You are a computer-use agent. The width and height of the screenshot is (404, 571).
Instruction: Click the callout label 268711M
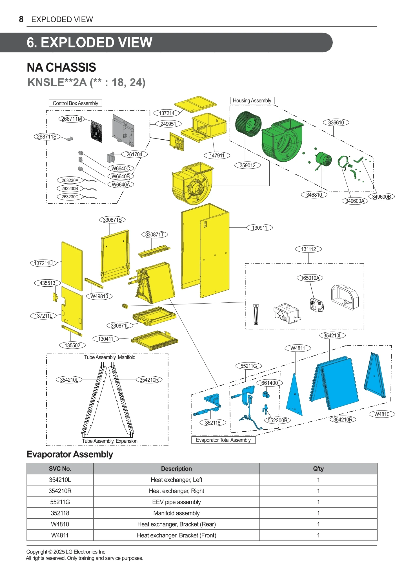(x=72, y=119)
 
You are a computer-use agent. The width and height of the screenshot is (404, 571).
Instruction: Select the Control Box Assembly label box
(x=76, y=103)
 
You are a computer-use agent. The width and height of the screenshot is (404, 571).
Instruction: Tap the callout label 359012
(x=247, y=165)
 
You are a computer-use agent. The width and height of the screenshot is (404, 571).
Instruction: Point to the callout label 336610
(x=336, y=122)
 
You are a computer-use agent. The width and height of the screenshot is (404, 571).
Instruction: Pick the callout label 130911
(x=259, y=228)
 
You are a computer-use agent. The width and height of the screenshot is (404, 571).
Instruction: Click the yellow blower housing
(x=192, y=183)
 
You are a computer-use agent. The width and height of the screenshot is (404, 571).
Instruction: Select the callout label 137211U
(x=43, y=263)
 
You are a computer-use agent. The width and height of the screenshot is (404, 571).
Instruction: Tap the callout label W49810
(x=99, y=296)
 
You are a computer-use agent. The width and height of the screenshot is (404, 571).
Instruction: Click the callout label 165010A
(x=310, y=278)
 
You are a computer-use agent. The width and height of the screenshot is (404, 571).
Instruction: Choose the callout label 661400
(x=269, y=383)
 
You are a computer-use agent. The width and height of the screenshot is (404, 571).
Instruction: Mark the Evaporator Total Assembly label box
(x=223, y=440)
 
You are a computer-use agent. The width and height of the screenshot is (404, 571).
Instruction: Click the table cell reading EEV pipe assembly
(x=176, y=502)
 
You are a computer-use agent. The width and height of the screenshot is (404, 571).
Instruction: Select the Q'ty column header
(x=318, y=469)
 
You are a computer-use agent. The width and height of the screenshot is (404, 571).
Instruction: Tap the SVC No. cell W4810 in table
(x=60, y=524)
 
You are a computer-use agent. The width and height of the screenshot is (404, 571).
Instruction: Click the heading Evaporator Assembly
(x=70, y=454)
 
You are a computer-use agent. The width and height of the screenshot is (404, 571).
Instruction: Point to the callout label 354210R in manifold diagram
(x=149, y=380)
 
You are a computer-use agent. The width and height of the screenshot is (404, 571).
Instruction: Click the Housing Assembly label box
(x=252, y=101)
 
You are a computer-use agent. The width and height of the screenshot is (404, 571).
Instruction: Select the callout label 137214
(x=167, y=113)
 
